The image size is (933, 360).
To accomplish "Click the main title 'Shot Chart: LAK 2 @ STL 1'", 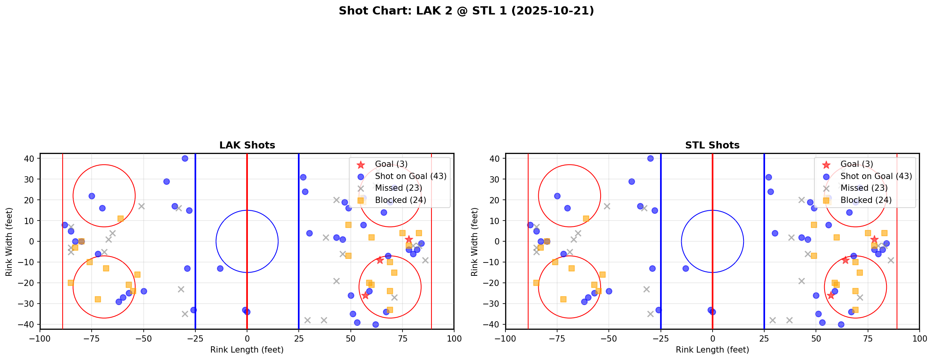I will point(466,11).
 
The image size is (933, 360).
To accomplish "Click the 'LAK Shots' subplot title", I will point(247,145).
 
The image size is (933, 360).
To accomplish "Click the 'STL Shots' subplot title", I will point(712,145).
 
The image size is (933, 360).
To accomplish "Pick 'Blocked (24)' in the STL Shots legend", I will point(866,200).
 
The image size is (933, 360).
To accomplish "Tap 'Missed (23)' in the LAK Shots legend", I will point(398,188).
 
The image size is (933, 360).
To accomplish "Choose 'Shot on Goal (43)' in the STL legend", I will point(876,176).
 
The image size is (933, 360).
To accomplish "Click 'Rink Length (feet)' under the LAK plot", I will point(247,350).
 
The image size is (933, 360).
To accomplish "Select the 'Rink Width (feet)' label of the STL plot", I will point(475,242).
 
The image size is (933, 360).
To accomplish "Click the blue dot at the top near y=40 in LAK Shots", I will point(185,159).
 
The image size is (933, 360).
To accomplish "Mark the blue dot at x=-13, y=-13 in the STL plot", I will point(686,268).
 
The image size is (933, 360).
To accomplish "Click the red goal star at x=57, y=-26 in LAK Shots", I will point(365,295).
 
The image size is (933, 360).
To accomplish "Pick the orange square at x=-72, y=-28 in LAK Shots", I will point(98,299).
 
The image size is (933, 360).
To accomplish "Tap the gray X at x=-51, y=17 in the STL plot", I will point(607,206).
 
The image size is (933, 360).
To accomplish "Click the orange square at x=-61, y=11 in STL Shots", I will point(586,219).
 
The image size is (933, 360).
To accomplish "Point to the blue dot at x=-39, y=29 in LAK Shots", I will point(166,181).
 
